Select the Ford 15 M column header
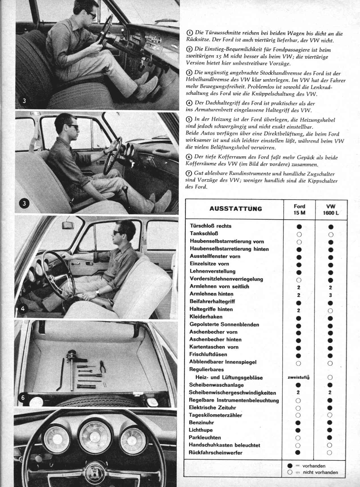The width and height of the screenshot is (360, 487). (x=299, y=209)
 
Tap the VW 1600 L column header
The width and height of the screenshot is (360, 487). (x=331, y=209)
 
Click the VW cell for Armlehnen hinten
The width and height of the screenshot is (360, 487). (x=330, y=295)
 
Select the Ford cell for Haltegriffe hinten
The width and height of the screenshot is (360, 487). (x=299, y=310)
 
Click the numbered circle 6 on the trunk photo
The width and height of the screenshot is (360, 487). (x=23, y=397)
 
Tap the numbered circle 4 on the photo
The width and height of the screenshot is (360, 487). (x=23, y=309)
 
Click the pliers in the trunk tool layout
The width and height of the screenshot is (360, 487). (x=103, y=366)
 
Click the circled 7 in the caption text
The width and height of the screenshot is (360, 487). (x=189, y=173)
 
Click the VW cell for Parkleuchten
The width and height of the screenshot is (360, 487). (x=330, y=437)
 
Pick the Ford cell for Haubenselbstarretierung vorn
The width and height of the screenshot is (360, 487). (x=299, y=242)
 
